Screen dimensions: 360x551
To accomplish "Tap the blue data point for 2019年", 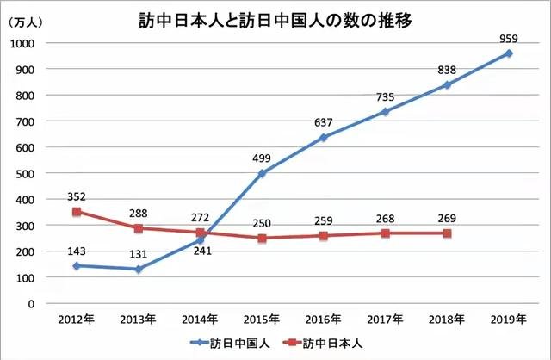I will click(509, 53).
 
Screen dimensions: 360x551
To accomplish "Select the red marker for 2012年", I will click(77, 211).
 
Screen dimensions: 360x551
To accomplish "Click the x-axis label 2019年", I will click(509, 320).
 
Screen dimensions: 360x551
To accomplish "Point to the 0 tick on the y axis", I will click(31, 303).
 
